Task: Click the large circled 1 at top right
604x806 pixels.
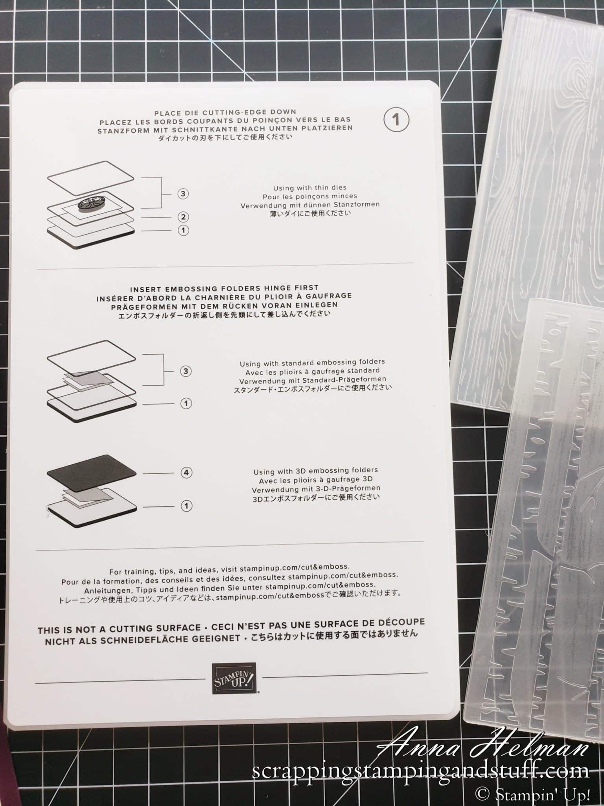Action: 396,120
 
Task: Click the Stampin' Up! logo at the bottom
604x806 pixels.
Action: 234,678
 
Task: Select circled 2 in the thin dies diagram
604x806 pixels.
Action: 183,217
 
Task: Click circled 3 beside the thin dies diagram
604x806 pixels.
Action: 183,194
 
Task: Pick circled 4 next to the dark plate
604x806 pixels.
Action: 186,472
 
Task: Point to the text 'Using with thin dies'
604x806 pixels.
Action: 310,188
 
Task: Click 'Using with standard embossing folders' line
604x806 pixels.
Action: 312,362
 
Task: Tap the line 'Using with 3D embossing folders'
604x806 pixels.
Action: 315,470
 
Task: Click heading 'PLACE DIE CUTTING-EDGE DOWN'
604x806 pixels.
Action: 225,112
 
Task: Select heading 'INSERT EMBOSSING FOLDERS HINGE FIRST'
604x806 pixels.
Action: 224,288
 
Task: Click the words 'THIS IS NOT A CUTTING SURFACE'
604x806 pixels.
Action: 119,630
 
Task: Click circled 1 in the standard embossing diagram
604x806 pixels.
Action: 186,403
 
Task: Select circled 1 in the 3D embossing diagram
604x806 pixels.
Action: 186,506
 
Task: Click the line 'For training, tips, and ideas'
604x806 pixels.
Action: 229,569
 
